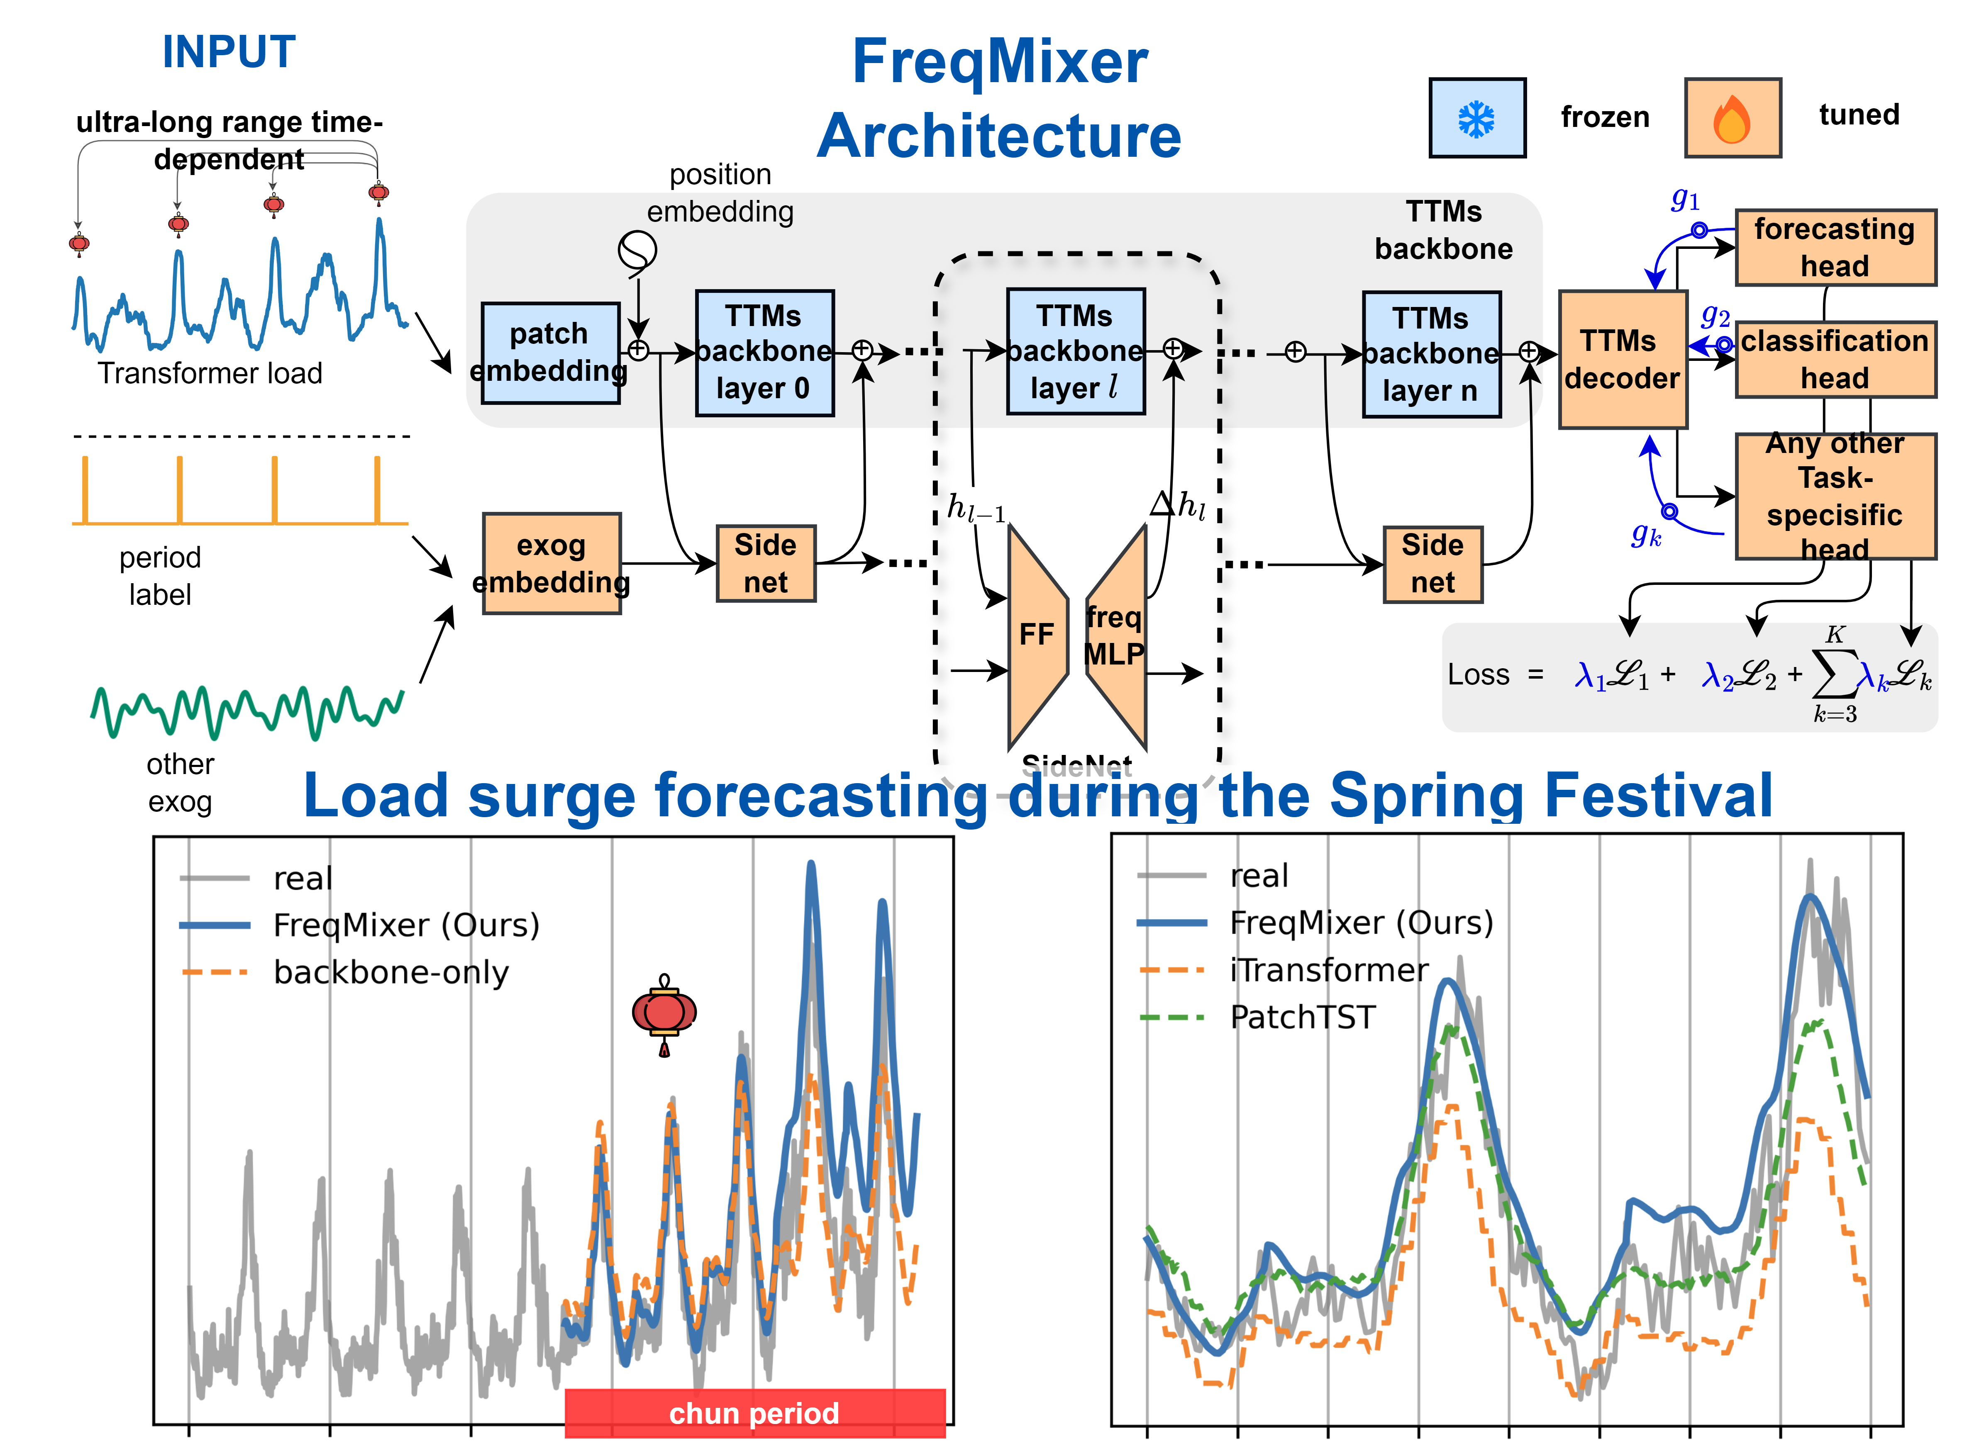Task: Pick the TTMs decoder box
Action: click(x=1621, y=359)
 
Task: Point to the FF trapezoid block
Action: click(x=1037, y=635)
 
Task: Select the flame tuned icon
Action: click(x=1732, y=118)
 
